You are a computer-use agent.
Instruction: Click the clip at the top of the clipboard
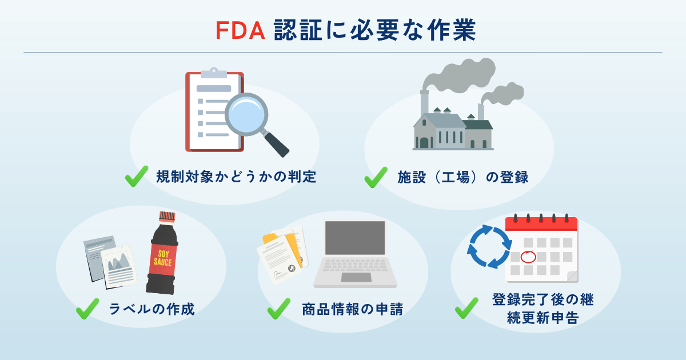pos(214,73)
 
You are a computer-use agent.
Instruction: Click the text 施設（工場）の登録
pos(462,177)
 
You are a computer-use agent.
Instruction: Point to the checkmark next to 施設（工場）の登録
pos(376,177)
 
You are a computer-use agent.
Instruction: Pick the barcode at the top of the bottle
pos(166,217)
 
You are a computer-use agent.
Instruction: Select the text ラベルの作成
pos(151,310)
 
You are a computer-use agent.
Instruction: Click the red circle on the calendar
pos(529,256)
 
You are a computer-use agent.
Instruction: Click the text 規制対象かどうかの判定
pos(236,177)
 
